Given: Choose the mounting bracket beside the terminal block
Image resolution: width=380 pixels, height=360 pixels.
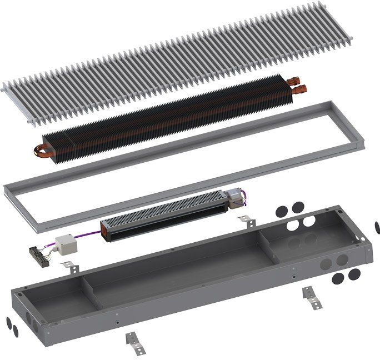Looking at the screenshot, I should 68,265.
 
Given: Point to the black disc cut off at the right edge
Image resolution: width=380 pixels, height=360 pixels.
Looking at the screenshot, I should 378,227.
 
